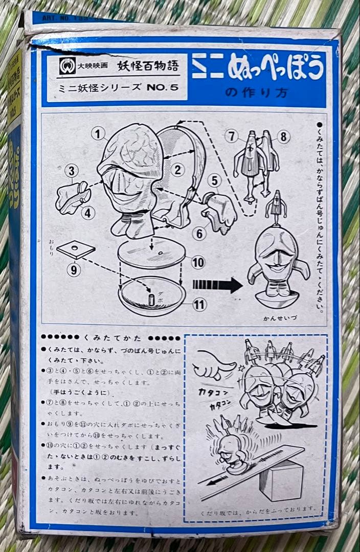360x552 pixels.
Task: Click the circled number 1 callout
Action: click(x=98, y=134)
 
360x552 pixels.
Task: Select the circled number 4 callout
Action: click(x=88, y=212)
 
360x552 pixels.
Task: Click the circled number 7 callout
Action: click(x=232, y=136)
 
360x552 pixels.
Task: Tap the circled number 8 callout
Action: click(x=284, y=136)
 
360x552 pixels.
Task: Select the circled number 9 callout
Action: click(x=74, y=269)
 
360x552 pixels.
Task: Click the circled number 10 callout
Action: click(x=198, y=263)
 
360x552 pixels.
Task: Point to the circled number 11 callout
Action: click(x=199, y=305)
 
